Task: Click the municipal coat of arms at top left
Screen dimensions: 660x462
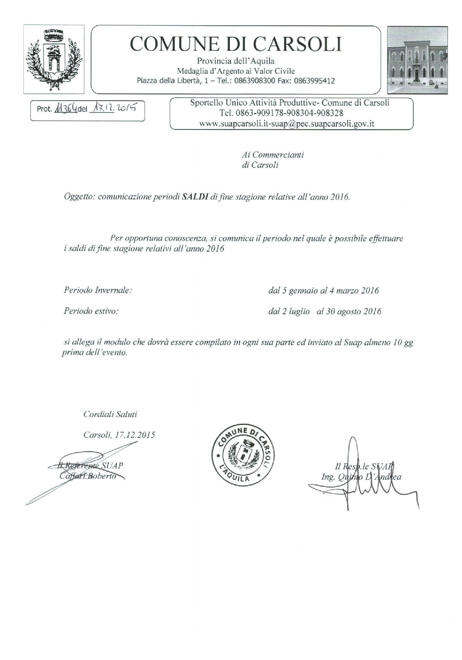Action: pyautogui.click(x=54, y=56)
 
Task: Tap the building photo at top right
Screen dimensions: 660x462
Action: pyautogui.click(x=417, y=60)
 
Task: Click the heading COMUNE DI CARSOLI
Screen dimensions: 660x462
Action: pyautogui.click(x=236, y=44)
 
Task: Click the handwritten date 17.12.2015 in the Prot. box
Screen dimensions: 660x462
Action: pyautogui.click(x=113, y=108)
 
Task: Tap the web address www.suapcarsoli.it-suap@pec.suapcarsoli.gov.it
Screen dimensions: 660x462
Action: pyautogui.click(x=287, y=124)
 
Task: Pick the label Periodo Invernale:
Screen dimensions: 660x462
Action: pyautogui.click(x=98, y=290)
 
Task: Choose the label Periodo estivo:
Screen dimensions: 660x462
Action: pyautogui.click(x=91, y=311)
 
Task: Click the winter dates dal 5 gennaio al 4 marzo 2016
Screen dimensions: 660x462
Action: pyautogui.click(x=323, y=290)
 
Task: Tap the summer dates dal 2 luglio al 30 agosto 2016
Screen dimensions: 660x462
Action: pyautogui.click(x=325, y=311)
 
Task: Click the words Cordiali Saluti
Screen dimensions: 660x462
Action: pyautogui.click(x=110, y=415)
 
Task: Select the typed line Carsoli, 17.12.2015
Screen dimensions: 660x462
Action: pyautogui.click(x=119, y=435)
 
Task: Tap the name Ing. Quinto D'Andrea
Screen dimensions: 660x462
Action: pyautogui.click(x=361, y=477)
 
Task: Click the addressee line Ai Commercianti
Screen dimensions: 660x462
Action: pyautogui.click(x=273, y=155)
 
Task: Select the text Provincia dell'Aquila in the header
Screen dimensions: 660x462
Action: pyautogui.click(x=236, y=61)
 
